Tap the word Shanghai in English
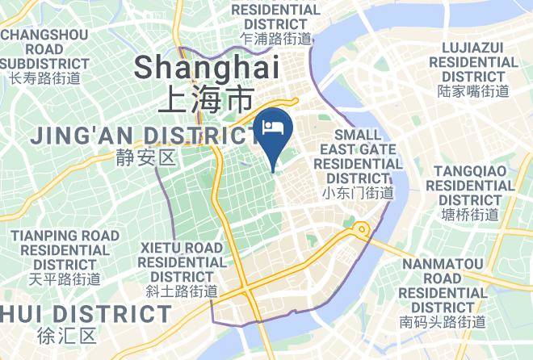[207, 66]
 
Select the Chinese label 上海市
[206, 99]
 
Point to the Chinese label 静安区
[145, 157]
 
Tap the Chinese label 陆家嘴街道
[473, 91]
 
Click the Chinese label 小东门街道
[358, 193]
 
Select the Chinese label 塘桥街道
[471, 214]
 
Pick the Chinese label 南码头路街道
[443, 322]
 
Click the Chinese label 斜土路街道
[182, 291]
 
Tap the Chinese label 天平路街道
[65, 279]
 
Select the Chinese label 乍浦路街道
[275, 38]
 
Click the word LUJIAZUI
[473, 47]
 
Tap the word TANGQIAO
[472, 170]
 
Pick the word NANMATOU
[443, 263]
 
